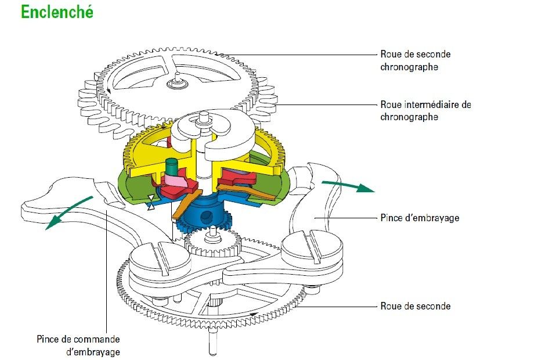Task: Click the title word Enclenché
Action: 56,11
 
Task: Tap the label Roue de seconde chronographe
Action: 415,60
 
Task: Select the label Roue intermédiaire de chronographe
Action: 425,110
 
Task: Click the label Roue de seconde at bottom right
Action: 415,306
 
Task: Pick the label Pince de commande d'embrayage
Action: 78,345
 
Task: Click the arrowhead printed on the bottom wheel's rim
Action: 254,315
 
